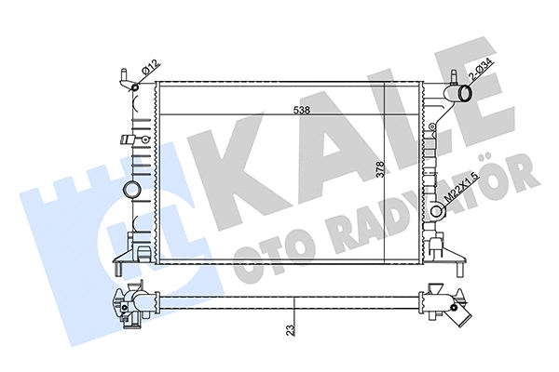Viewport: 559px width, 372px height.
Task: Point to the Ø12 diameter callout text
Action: (x=149, y=70)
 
